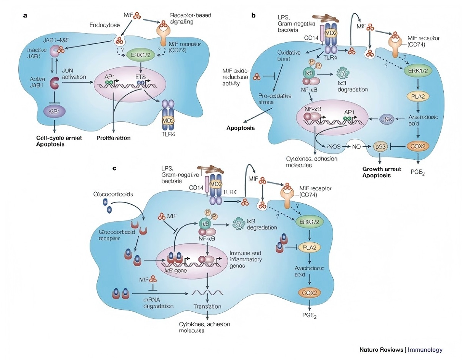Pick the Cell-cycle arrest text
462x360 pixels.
(59, 138)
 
